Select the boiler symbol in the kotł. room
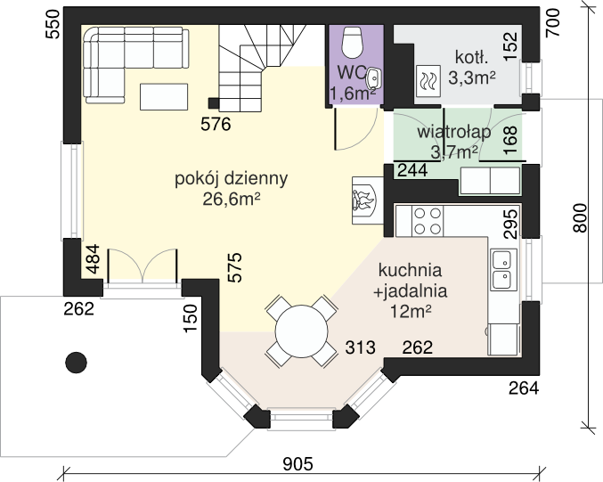[x=428, y=81]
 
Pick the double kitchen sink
[x=502, y=268]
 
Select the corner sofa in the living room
[x=125, y=53]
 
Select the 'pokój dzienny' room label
[x=231, y=178]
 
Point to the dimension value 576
[x=216, y=125]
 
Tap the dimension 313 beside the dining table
[x=360, y=347]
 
